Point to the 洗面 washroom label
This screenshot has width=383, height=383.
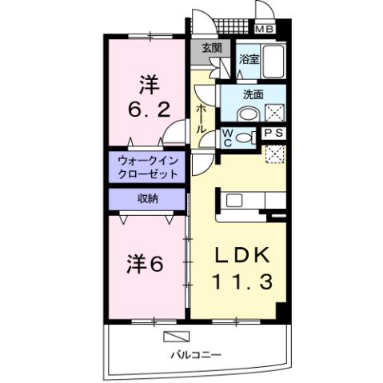(253, 94)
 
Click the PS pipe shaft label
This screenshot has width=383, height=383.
(273, 133)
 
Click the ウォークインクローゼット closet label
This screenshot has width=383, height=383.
(147, 166)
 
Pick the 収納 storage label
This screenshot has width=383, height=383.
(146, 197)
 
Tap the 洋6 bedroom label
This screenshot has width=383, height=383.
(146, 263)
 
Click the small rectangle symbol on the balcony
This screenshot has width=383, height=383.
(175, 335)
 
